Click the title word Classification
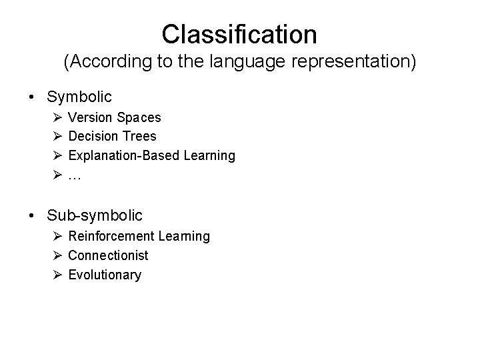click(239, 33)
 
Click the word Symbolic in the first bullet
click(79, 97)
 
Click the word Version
click(91, 117)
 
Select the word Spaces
click(139, 117)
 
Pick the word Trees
click(139, 137)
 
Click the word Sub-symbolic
click(95, 216)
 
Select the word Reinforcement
click(111, 236)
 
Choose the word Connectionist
click(108, 255)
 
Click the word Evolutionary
click(105, 275)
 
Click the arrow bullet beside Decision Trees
click(56, 137)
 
